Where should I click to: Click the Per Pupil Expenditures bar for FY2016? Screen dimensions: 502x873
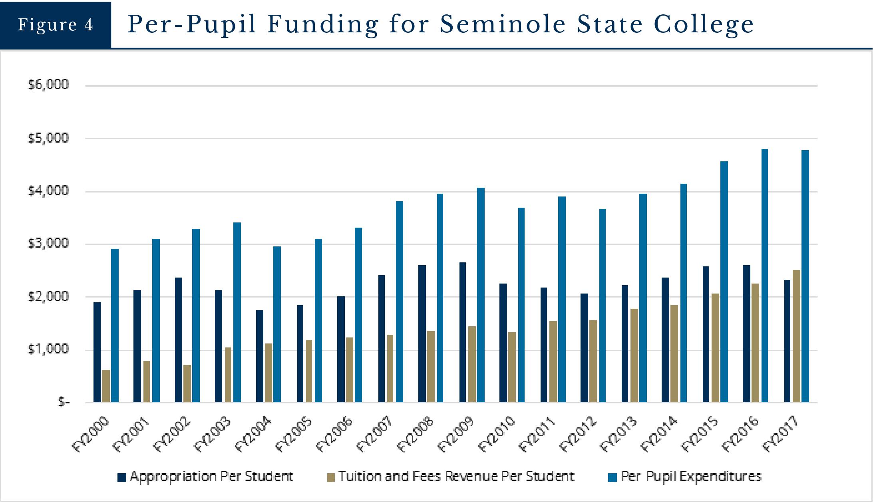click(x=764, y=276)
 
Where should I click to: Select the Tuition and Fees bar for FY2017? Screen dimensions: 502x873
click(x=796, y=336)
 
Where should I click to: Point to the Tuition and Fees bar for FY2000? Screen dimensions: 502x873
click(x=106, y=386)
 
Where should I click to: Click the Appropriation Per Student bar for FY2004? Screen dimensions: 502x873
click(x=260, y=356)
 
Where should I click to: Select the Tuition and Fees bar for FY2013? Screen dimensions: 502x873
click(x=634, y=355)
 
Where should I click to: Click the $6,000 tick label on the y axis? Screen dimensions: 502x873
click(x=48, y=85)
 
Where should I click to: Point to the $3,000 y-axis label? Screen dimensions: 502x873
click(x=48, y=244)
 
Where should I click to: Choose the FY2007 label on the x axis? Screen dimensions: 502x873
click(x=375, y=435)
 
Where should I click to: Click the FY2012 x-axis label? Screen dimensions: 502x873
click(x=578, y=435)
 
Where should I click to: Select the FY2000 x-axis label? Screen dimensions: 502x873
click(x=91, y=435)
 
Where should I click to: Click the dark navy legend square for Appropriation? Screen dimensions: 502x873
click(x=122, y=477)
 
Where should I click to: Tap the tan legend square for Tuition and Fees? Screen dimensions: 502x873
click(x=330, y=477)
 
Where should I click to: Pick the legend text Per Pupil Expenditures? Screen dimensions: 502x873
click(x=691, y=476)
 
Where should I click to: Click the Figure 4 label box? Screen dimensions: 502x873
click(x=56, y=25)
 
